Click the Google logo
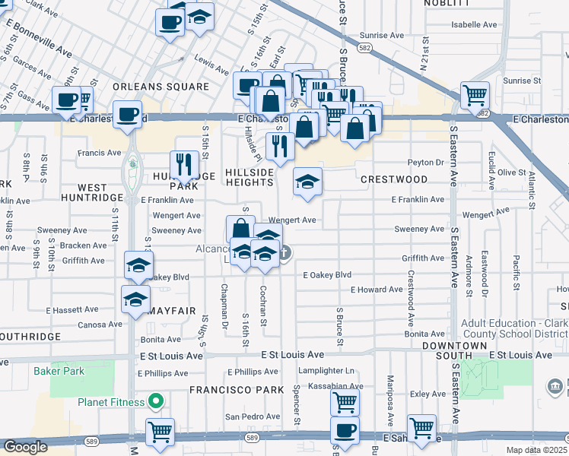(x=25, y=446)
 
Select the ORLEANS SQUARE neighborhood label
(x=161, y=87)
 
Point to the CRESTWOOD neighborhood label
(x=394, y=179)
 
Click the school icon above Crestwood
(x=308, y=182)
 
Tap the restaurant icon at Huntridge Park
(x=184, y=163)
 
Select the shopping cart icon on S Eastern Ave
(x=475, y=96)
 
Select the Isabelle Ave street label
(x=475, y=24)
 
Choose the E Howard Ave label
(x=377, y=290)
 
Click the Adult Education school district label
(x=513, y=327)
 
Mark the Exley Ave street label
(x=428, y=394)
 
